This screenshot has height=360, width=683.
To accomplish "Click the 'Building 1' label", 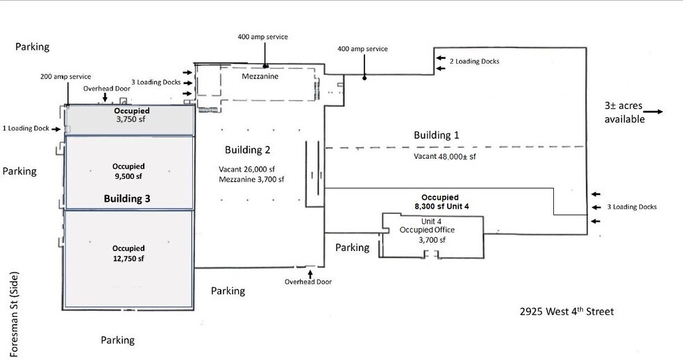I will click(x=437, y=135).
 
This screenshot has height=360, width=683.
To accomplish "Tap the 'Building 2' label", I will click(x=247, y=150).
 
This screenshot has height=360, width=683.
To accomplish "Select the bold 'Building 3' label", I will click(x=127, y=198).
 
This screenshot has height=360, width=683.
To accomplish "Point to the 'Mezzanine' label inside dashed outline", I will click(x=260, y=76).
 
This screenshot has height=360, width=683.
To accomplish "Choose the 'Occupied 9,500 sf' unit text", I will click(x=128, y=171).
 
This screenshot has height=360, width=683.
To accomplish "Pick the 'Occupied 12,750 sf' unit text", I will click(x=128, y=253).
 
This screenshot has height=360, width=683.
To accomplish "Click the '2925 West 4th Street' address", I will click(x=567, y=312).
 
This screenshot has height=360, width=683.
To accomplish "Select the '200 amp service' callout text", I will click(x=65, y=76).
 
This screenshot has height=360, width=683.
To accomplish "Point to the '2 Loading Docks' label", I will click(x=474, y=61).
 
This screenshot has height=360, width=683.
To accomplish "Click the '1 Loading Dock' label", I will click(x=26, y=128).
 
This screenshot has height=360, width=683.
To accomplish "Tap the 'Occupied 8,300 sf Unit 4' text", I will click(x=442, y=202).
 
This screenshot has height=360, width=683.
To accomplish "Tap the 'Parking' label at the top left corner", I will click(x=33, y=46).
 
